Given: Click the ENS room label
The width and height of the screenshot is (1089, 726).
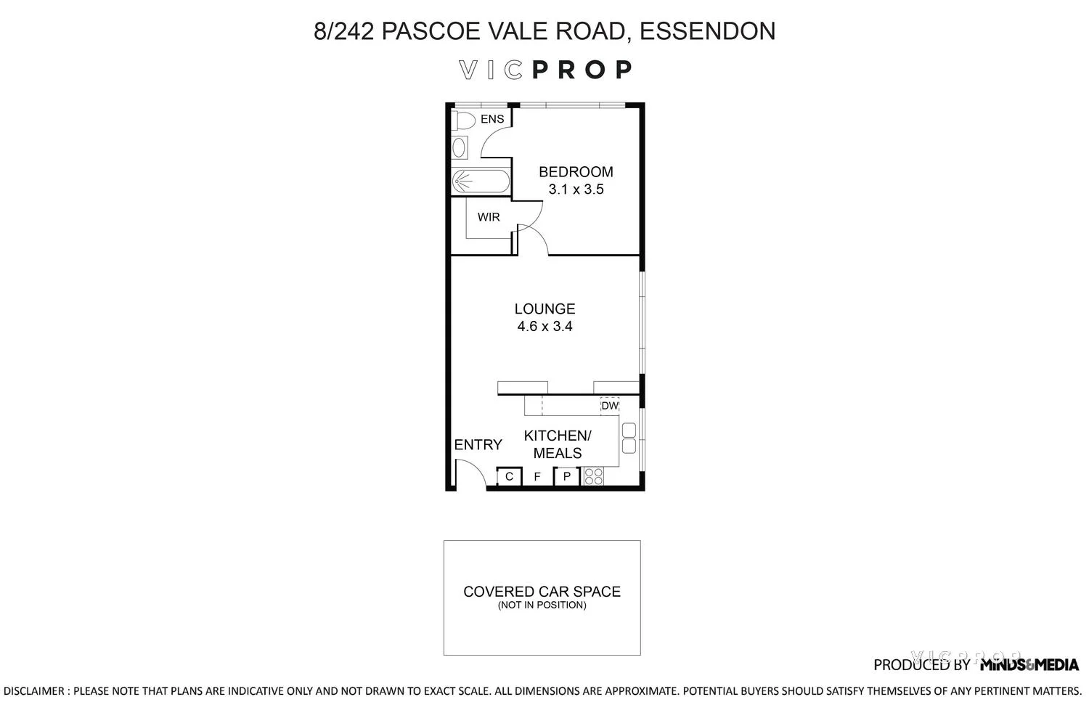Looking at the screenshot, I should coord(492,119).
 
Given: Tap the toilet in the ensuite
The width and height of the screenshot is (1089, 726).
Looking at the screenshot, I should coord(463,119).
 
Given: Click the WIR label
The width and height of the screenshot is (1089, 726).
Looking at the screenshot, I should coord(489,217).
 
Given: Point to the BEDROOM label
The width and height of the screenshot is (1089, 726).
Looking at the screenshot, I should coord(576,172).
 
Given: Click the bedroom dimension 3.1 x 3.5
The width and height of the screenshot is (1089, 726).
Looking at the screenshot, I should coord(576,189).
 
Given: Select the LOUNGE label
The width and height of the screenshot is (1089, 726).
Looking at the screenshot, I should coord(544,309).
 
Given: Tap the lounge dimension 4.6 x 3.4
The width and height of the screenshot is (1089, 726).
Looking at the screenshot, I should coord(544,327).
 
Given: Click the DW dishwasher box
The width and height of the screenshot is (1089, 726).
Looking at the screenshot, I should coord(610,406).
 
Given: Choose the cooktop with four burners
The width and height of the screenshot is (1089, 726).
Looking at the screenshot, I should coord(593,476).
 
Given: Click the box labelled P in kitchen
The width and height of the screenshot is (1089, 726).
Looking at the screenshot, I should coord(566,477).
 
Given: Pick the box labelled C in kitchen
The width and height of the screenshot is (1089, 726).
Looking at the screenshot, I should coord(509,477).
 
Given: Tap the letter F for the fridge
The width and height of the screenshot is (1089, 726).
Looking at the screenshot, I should coord(537,477).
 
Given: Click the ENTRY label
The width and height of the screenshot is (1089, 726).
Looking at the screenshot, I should coord(478,445).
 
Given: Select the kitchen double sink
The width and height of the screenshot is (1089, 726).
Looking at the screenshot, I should coord(629,437).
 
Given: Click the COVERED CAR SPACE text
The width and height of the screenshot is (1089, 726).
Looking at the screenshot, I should coord(542,592).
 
